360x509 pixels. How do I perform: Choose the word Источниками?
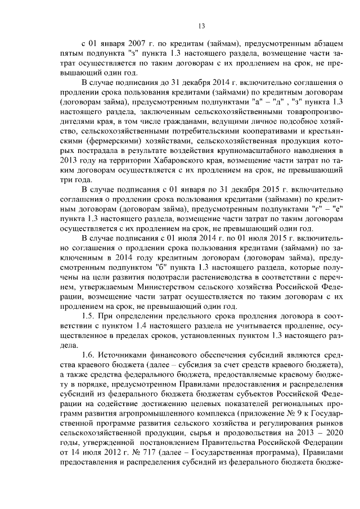(127, 355)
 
